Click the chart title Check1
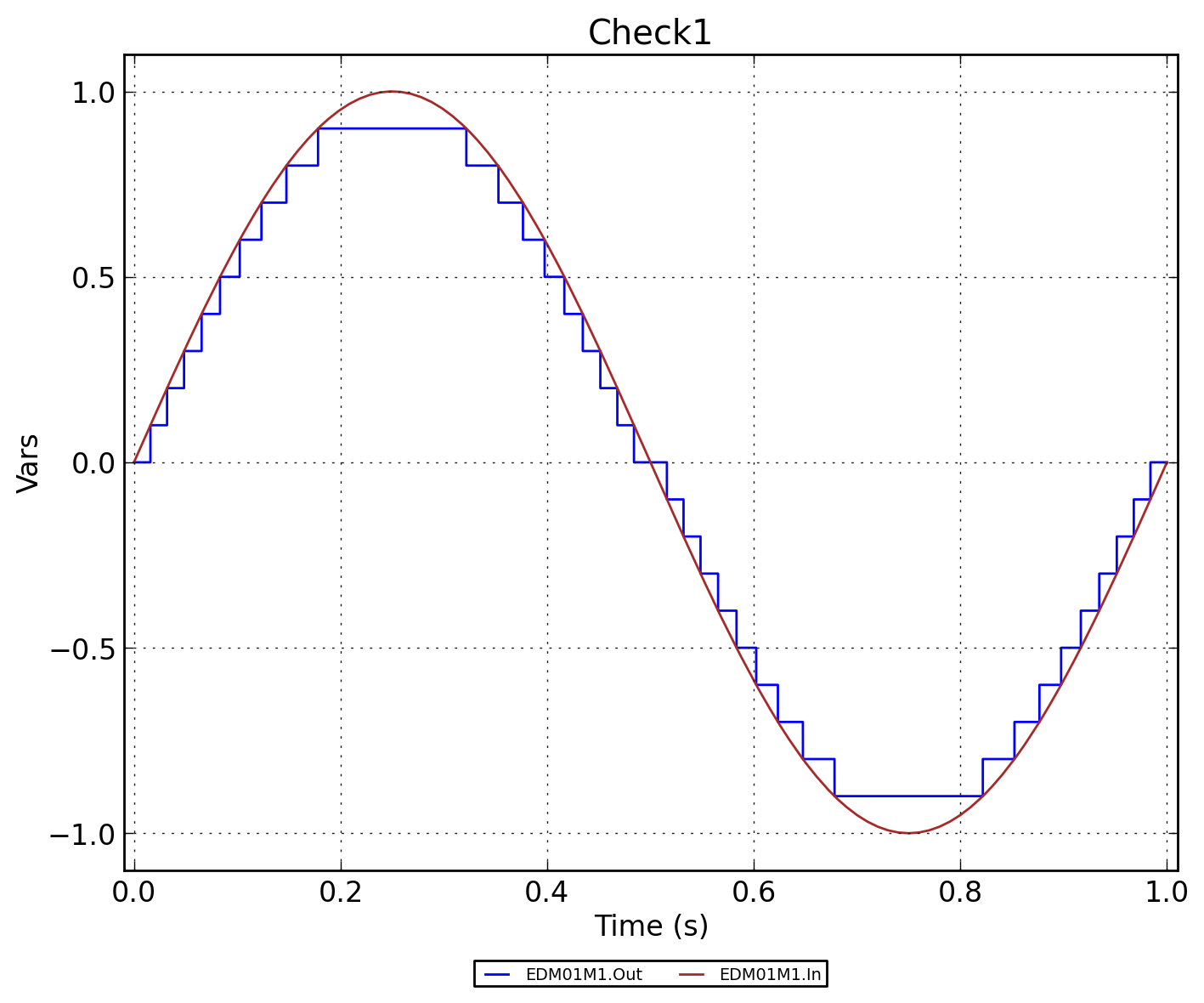[x=650, y=33]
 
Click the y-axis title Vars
[x=28, y=462]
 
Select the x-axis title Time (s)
[x=651, y=926]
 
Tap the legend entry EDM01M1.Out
[x=584, y=975]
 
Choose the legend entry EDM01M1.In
[x=770, y=975]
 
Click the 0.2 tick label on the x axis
[x=341, y=892]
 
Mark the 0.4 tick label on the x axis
[x=547, y=892]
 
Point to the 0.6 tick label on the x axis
[x=754, y=892]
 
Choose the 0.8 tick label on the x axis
[x=960, y=892]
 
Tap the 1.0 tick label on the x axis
[x=1166, y=892]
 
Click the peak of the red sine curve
[x=392, y=92]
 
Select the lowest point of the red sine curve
[x=908, y=833]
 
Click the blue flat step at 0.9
[x=392, y=128]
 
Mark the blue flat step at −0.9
[x=908, y=796]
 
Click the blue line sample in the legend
[x=497, y=975]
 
